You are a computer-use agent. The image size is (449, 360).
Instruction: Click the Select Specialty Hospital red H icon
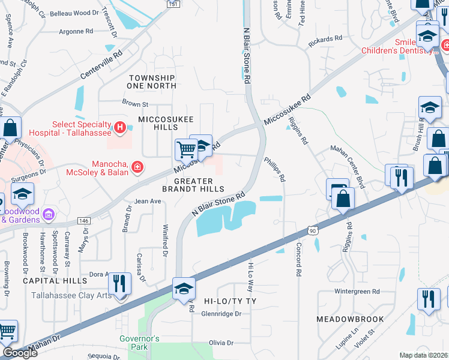(x=119, y=127)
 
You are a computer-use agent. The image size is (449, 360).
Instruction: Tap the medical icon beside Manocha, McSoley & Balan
(x=137, y=166)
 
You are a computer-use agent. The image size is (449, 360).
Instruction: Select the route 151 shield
(x=173, y=4)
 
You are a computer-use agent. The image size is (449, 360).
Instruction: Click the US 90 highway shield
(x=312, y=229)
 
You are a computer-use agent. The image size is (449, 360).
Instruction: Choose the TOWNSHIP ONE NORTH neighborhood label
(x=152, y=82)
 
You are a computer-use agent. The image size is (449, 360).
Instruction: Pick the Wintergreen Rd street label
(x=357, y=292)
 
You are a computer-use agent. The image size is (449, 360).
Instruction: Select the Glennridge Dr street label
(x=221, y=313)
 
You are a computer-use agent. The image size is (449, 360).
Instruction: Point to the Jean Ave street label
(x=148, y=202)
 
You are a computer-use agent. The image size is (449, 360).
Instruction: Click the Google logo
(x=20, y=353)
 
